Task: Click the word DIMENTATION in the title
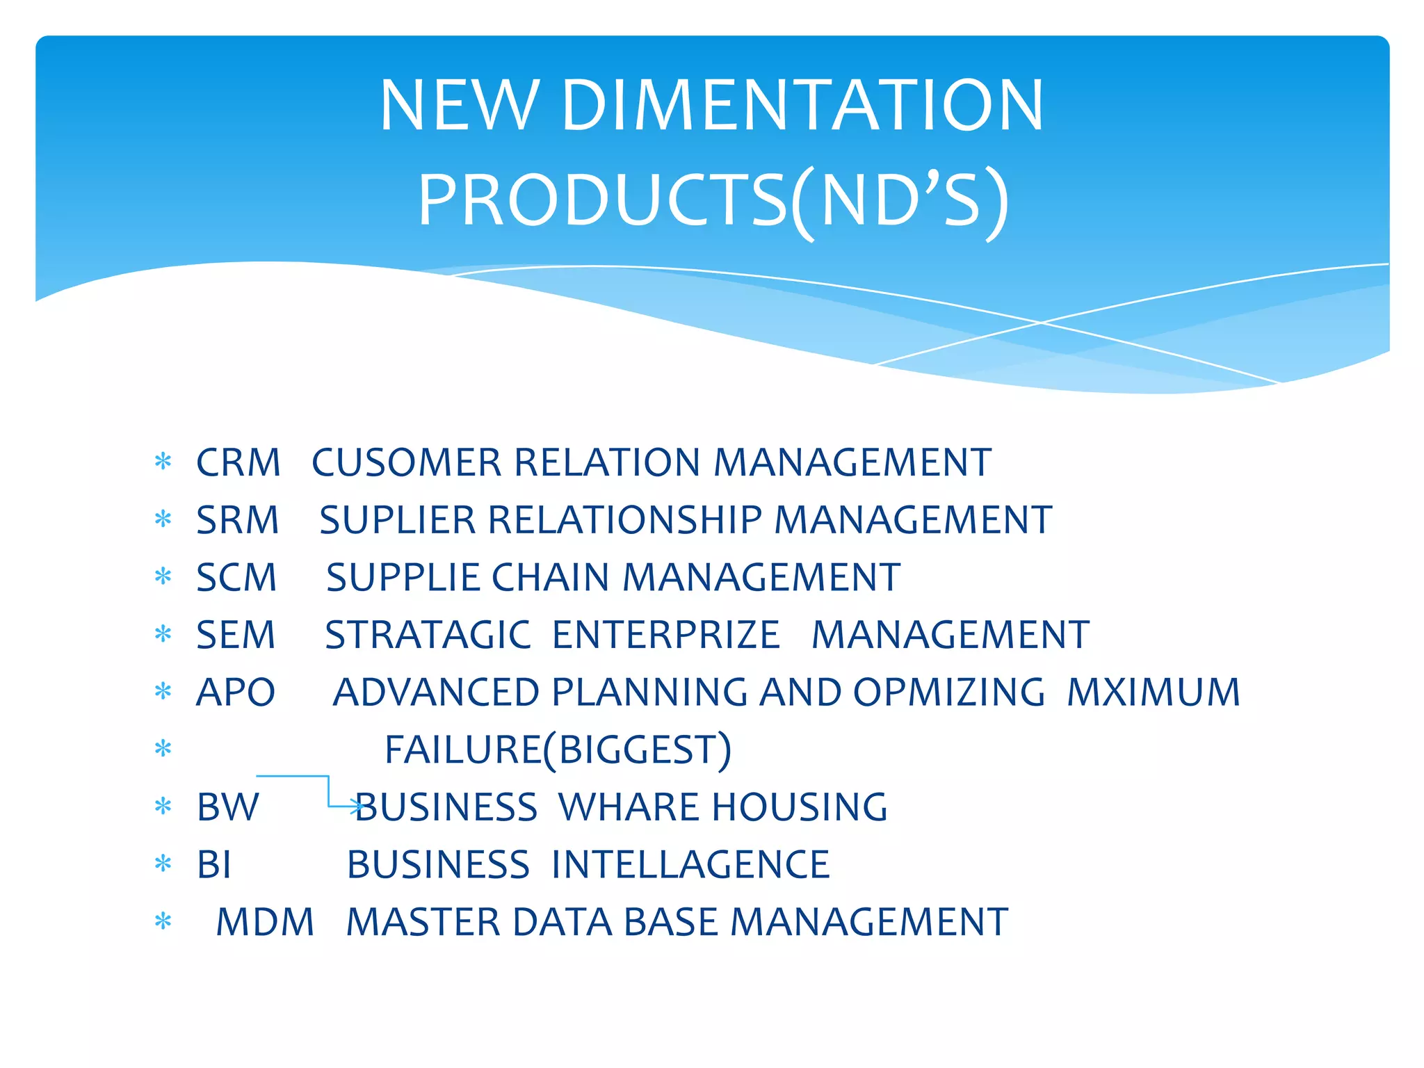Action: (x=802, y=106)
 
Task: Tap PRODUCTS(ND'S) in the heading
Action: (x=712, y=202)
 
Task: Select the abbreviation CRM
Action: (x=238, y=463)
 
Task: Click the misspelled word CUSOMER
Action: (x=406, y=463)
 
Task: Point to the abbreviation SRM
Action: (x=237, y=520)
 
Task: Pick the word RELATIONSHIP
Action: (x=625, y=520)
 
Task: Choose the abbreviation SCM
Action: (x=236, y=578)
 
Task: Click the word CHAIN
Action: (x=549, y=578)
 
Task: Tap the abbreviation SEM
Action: (x=236, y=636)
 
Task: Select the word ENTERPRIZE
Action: (x=666, y=636)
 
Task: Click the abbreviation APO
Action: (x=236, y=693)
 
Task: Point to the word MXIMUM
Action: (x=1154, y=693)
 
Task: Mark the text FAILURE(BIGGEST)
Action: (x=558, y=750)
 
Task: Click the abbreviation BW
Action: (x=227, y=808)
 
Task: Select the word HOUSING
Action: (x=800, y=808)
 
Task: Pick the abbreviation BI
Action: (x=213, y=866)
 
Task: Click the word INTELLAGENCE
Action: (x=690, y=866)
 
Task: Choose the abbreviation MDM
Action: (x=265, y=923)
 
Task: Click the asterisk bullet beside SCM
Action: (x=163, y=576)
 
